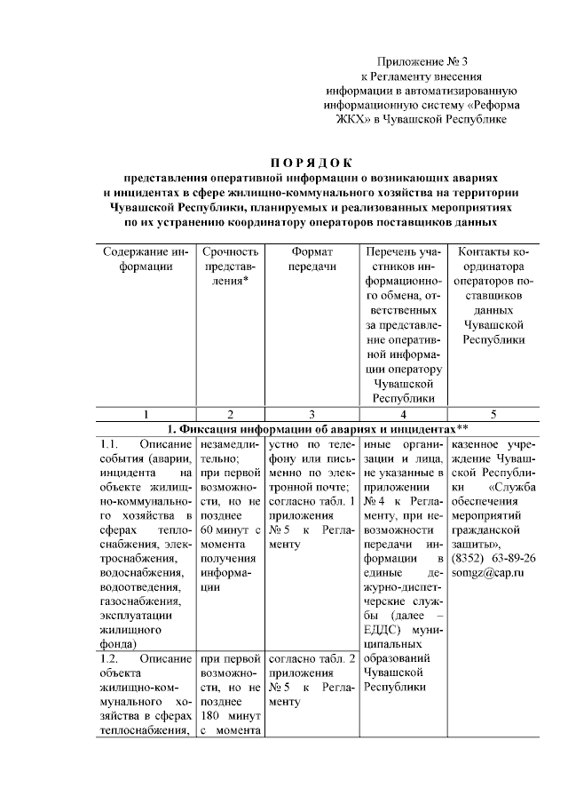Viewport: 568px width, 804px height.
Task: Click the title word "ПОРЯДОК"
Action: [311, 162]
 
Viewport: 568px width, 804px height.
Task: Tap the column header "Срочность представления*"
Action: [230, 266]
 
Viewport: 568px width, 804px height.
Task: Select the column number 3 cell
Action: [312, 413]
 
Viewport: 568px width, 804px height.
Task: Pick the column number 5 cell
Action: [493, 413]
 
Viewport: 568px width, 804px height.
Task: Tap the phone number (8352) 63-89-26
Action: [493, 558]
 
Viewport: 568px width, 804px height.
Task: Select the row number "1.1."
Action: [110, 443]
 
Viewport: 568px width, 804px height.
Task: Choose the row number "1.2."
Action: [110, 658]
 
